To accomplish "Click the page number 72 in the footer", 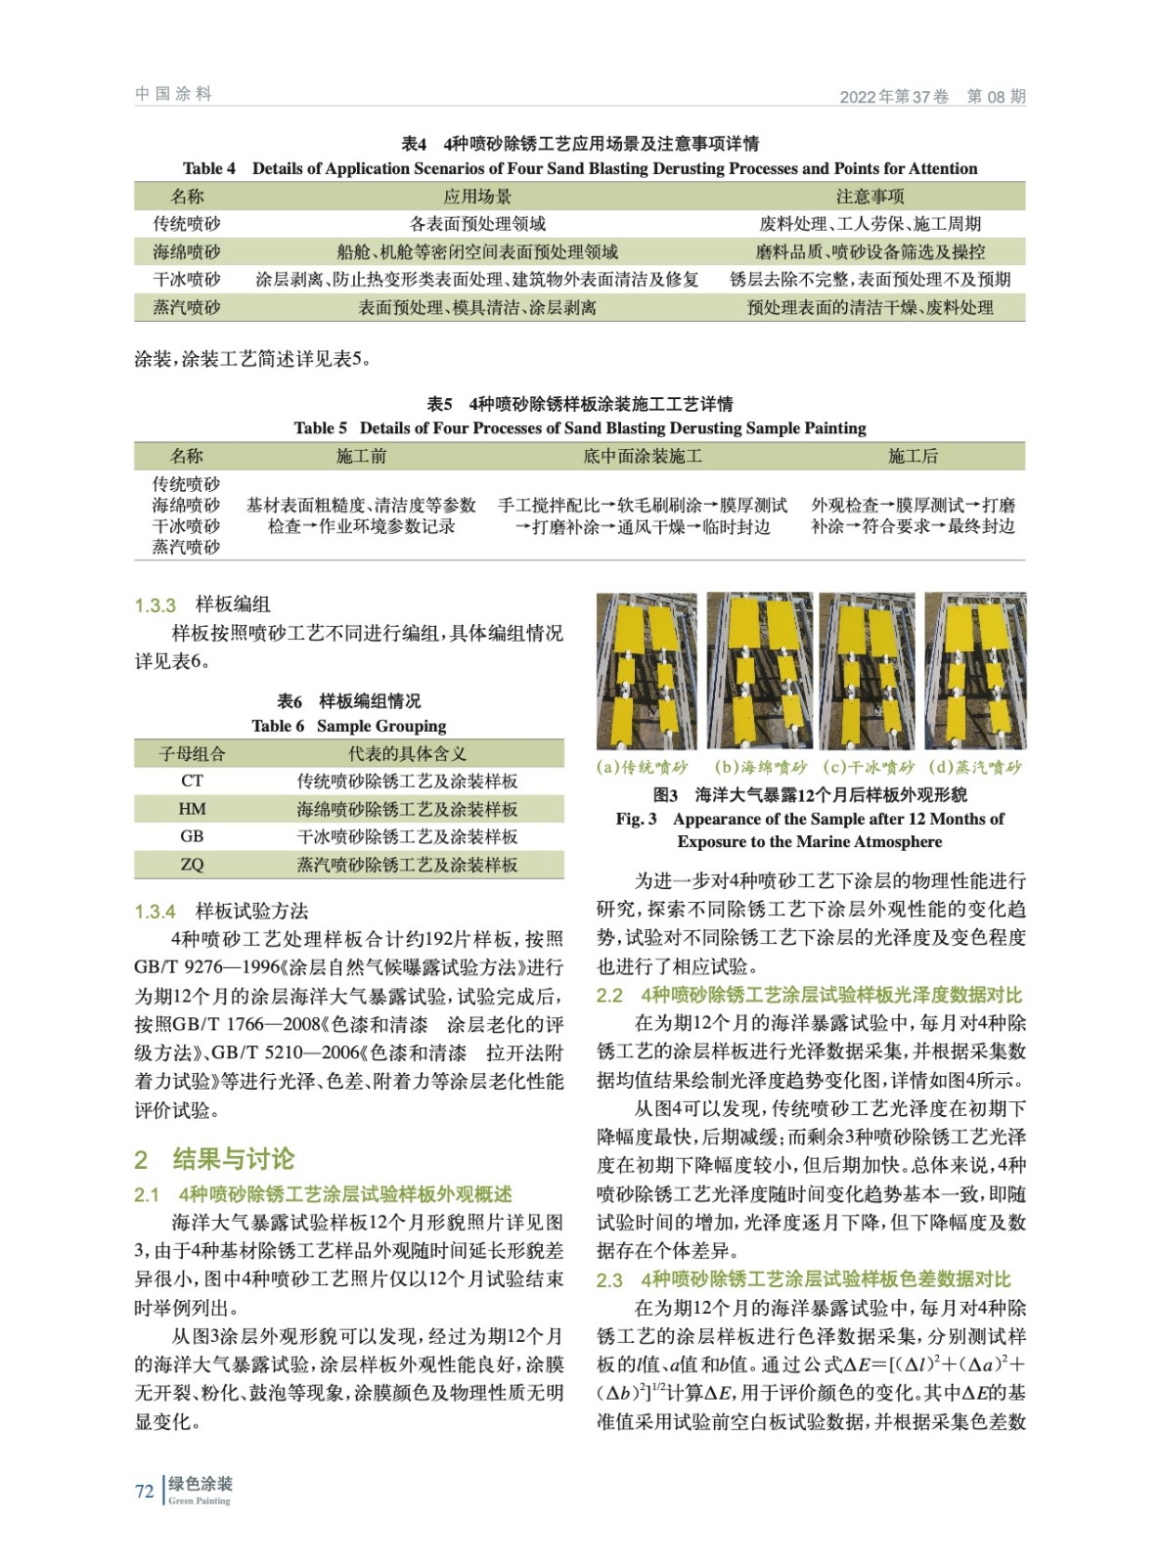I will (x=144, y=1491).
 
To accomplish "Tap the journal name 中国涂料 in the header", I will (x=173, y=94).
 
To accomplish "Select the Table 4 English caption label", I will (x=209, y=168).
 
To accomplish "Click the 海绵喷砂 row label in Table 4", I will (x=187, y=251).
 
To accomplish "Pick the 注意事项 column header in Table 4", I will (x=870, y=197).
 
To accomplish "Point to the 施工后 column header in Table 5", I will (x=913, y=456).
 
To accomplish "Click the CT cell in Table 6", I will (x=192, y=781).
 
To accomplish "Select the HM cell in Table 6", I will (x=192, y=809).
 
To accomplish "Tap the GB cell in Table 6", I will (x=192, y=836).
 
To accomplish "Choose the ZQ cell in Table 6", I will (x=192, y=865).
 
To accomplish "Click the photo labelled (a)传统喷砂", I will (x=647, y=670).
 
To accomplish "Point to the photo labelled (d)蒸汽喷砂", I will (x=975, y=670).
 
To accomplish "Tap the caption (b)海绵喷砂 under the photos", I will (x=760, y=767).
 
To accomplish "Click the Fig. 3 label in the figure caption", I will (x=636, y=819).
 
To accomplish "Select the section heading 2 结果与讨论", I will (x=214, y=1159).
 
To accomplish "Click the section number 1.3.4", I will (x=155, y=912).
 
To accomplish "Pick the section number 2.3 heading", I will (x=609, y=1279).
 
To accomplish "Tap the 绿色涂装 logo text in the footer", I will (x=201, y=1485).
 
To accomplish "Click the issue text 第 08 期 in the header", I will (x=996, y=96).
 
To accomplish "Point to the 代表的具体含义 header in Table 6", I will (x=407, y=753).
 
